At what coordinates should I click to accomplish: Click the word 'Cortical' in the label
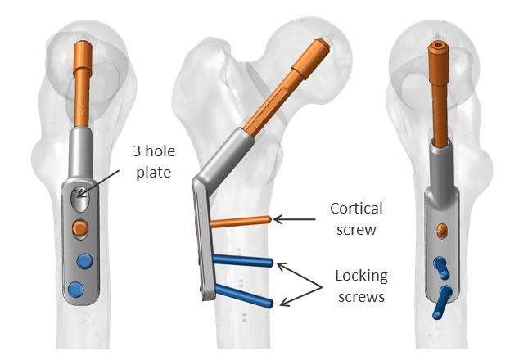click(x=354, y=208)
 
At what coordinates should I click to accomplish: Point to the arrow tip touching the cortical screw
click(x=275, y=218)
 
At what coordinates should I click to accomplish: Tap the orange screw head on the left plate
click(x=79, y=226)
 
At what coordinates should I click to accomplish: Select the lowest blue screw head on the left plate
click(x=77, y=289)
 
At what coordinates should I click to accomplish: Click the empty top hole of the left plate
click(x=78, y=196)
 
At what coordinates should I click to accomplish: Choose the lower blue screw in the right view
click(x=444, y=299)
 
